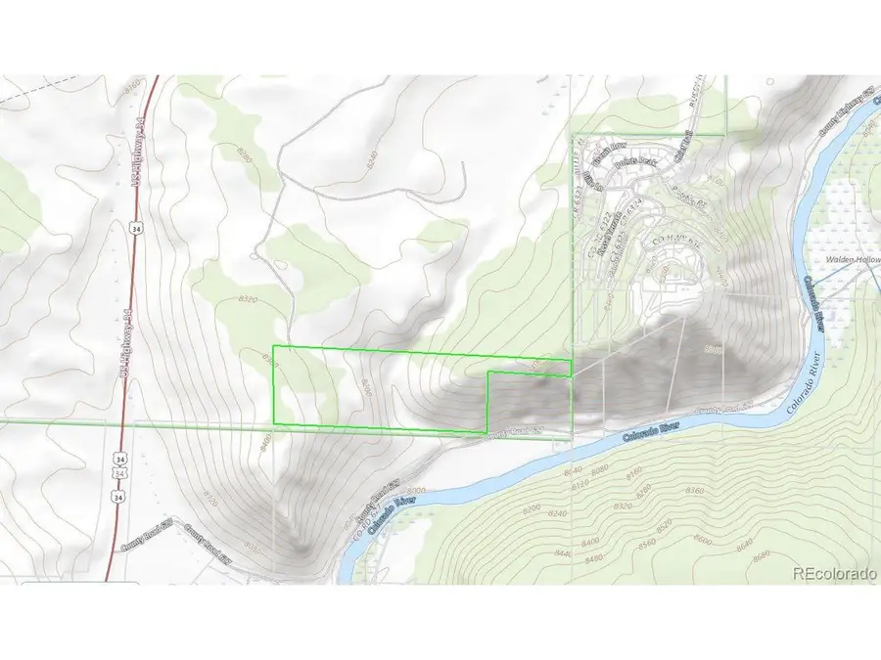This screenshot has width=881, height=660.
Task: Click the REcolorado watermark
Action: [x=833, y=574]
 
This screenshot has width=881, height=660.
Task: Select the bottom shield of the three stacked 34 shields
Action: [x=118, y=497]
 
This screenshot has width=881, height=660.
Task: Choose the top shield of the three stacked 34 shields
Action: [x=119, y=459]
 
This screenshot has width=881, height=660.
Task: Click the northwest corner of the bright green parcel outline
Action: [x=273, y=347]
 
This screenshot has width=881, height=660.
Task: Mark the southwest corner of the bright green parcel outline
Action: [x=273, y=423]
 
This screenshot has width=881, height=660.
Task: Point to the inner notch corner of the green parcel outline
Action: [x=488, y=373]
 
